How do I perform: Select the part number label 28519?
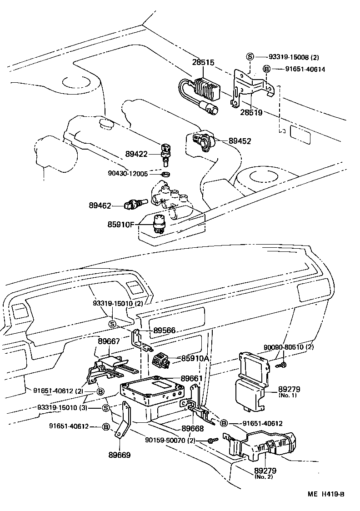(251, 112)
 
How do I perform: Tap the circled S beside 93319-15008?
(250, 57)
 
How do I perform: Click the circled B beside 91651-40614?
(267, 69)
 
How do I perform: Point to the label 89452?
(240, 141)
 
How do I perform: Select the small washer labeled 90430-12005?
(166, 174)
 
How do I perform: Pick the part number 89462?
(100, 205)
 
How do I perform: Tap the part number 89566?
(164, 331)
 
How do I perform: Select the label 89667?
(110, 341)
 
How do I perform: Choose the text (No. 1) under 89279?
(288, 396)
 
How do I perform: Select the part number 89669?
(119, 454)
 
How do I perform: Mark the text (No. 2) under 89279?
(264, 477)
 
